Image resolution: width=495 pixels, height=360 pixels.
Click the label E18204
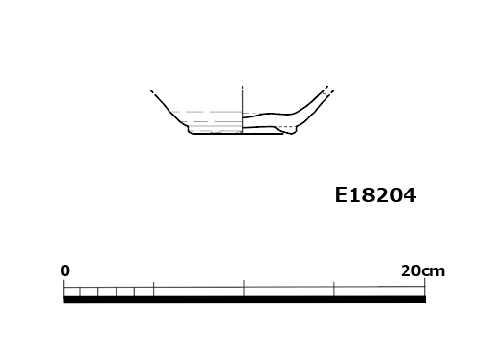pyautogui.click(x=376, y=195)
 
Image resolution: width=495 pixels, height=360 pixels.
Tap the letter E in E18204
pyautogui.click(x=341, y=195)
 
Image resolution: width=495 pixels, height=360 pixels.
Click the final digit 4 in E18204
pyautogui.click(x=409, y=195)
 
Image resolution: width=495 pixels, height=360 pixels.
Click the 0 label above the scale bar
pyautogui.click(x=65, y=270)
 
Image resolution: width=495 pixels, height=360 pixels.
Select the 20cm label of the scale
pyautogui.click(x=423, y=271)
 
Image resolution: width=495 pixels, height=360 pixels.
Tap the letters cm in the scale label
pyautogui.click(x=433, y=272)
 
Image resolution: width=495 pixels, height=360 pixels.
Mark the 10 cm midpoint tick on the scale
pyautogui.click(x=244, y=288)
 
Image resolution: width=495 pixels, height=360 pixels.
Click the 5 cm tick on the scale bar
pyautogui.click(x=153, y=289)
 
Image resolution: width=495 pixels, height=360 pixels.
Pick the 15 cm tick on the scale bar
pyautogui.click(x=334, y=289)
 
